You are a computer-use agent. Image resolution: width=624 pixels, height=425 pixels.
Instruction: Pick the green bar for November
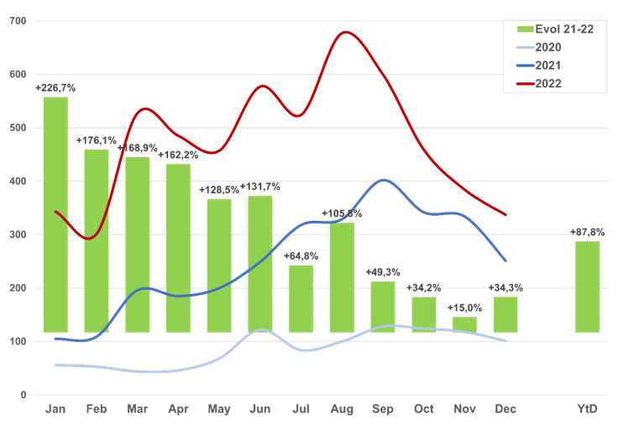[x=464, y=324]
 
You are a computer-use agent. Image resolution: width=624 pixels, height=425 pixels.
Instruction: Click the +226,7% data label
[x=55, y=87]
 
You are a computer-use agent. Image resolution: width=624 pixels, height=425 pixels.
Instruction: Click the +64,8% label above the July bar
[x=301, y=256]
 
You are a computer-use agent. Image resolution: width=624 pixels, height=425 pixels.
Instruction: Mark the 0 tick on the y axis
[x=24, y=395]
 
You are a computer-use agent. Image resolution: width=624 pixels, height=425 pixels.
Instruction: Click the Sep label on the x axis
[x=383, y=409]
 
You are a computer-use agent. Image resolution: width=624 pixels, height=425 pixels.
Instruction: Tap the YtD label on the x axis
[x=587, y=409]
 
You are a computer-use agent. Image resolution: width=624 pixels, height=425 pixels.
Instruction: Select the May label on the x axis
[x=219, y=409]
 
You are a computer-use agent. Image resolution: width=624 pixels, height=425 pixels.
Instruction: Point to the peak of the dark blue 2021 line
[x=383, y=180]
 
